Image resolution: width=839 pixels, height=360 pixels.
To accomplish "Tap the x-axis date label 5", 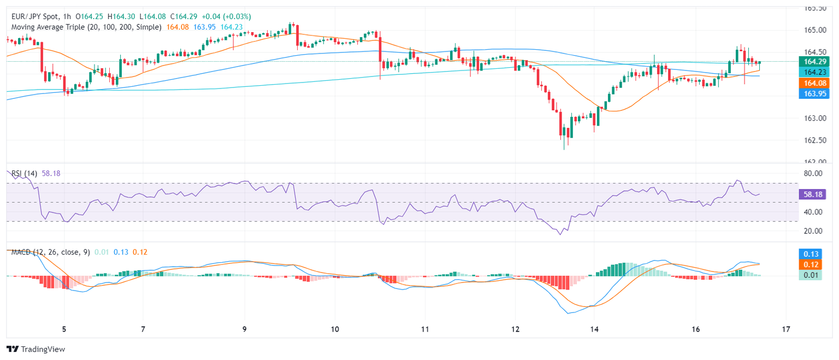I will click(x=64, y=329).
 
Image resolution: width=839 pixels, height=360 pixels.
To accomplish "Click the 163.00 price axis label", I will click(x=813, y=118).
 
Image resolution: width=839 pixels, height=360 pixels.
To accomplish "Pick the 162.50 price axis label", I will click(x=813, y=140).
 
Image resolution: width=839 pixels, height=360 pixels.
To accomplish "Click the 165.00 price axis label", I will click(x=813, y=30).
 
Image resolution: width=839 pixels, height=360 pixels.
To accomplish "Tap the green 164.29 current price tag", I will click(x=813, y=61).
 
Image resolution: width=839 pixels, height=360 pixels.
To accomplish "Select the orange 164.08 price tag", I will click(x=813, y=82).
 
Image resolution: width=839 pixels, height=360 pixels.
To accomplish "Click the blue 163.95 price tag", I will click(x=813, y=93).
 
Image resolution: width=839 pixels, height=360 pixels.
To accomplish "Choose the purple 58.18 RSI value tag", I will click(x=813, y=194).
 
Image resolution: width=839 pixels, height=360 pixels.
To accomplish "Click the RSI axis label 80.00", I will click(x=813, y=174).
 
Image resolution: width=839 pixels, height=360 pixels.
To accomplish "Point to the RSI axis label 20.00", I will click(x=813, y=231).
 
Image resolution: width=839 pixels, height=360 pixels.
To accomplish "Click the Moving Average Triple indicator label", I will click(x=86, y=26).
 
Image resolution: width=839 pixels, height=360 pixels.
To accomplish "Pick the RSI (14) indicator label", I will click(x=24, y=173).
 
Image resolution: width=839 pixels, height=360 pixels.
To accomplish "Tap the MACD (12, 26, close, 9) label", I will click(x=50, y=252).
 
